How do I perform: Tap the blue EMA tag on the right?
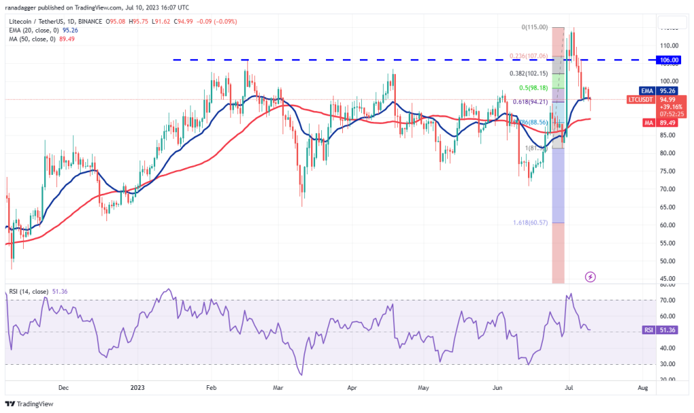point(648,90)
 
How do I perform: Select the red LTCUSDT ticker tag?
point(640,99)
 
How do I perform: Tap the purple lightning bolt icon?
point(590,277)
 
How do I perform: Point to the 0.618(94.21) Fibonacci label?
point(527,102)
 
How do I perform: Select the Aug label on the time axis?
point(643,389)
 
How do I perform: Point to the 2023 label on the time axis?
point(137,389)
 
